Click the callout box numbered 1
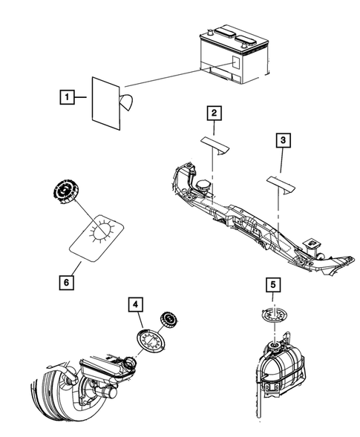click(68, 97)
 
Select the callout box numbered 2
click(214, 114)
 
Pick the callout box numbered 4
click(135, 303)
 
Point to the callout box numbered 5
click(272, 284)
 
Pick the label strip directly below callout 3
click(281, 181)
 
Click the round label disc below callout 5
click(274, 315)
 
